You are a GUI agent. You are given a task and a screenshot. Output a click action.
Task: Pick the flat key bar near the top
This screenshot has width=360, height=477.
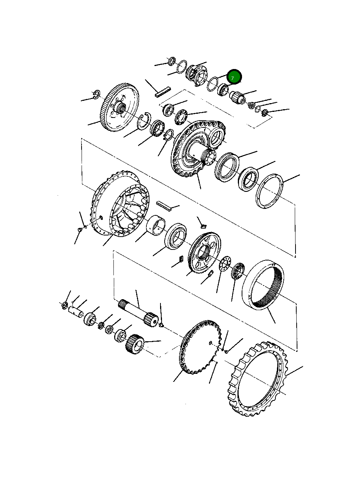(x=163, y=93)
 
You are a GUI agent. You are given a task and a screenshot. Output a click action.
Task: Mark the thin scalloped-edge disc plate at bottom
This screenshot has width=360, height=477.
(x=199, y=347)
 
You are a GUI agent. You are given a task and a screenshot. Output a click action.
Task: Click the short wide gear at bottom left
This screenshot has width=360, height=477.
(x=134, y=343)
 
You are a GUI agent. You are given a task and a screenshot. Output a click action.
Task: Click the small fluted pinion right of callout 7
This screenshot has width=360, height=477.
(x=238, y=99)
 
